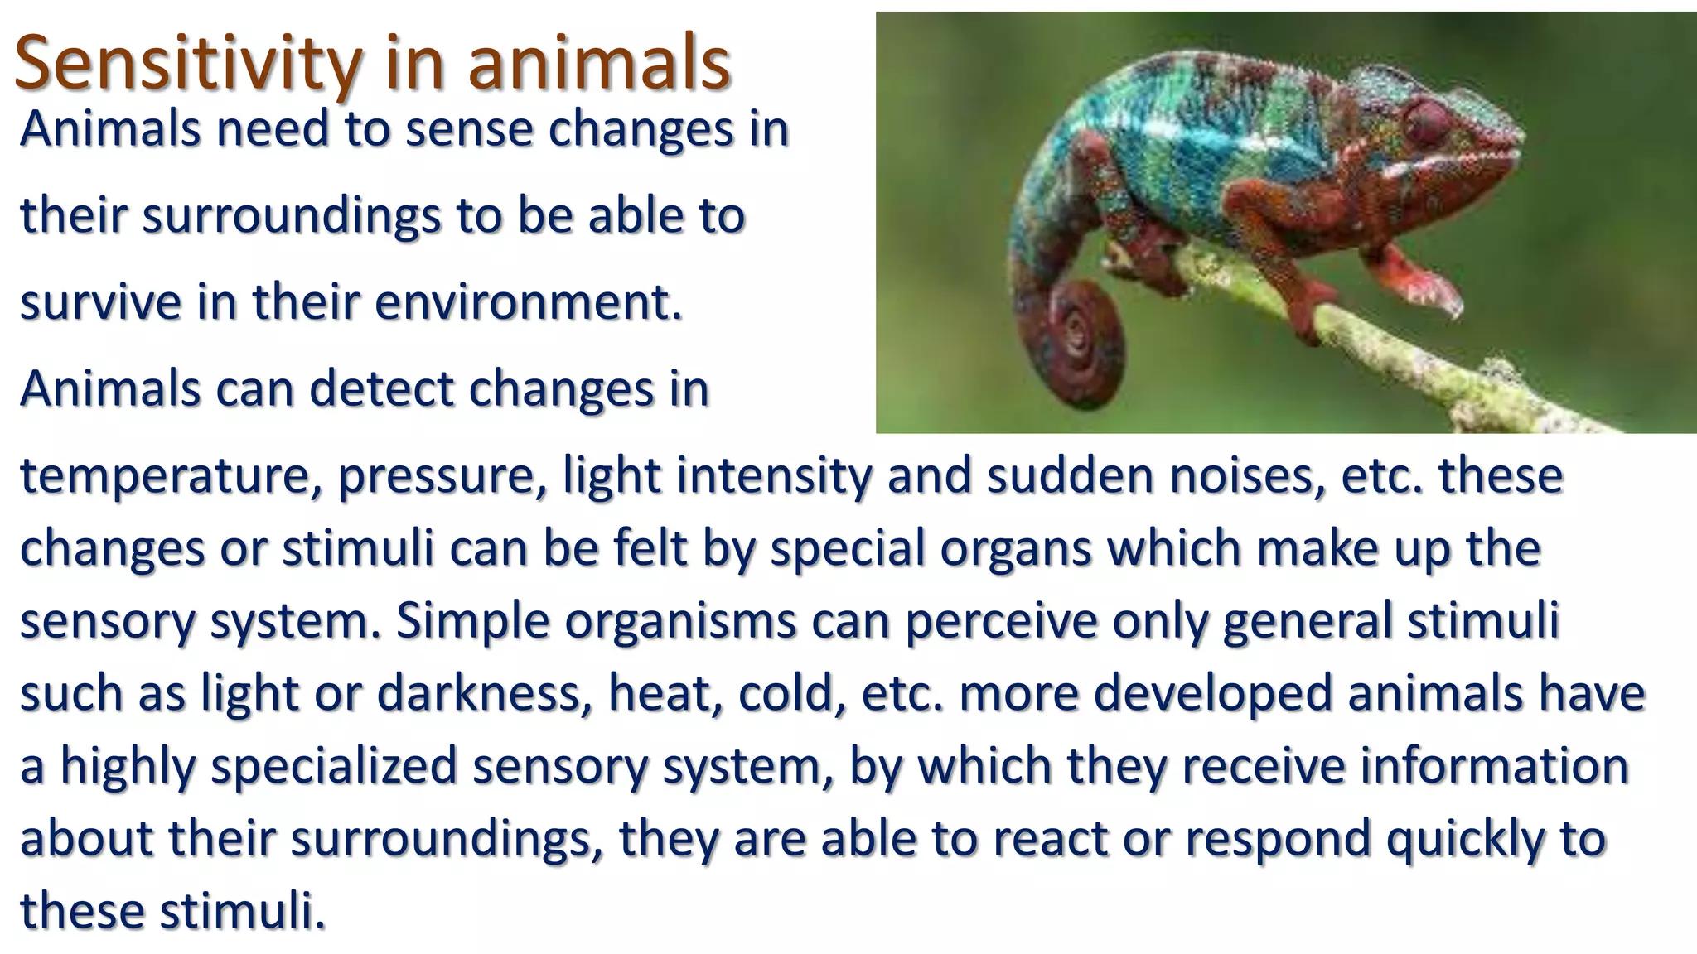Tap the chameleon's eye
click(1424, 122)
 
